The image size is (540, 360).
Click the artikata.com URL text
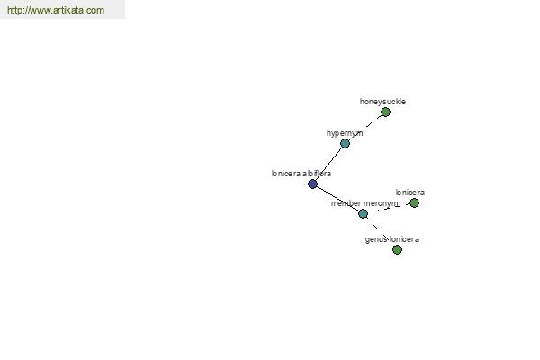(56, 10)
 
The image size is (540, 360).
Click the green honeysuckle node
(385, 112)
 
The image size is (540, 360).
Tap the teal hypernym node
(345, 143)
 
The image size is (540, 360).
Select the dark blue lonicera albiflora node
(312, 184)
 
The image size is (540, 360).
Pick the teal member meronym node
(363, 214)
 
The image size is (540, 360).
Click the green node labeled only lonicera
(414, 202)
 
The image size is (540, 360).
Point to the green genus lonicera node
(397, 250)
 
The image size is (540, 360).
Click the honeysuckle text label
(382, 102)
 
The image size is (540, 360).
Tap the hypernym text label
(345, 133)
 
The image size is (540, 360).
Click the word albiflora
(317, 174)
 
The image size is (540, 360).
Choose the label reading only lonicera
(410, 193)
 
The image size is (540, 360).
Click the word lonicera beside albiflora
(286, 174)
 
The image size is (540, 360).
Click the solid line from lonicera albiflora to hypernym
(328, 164)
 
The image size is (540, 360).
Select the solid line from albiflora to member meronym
(337, 199)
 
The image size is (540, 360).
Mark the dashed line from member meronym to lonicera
(389, 209)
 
